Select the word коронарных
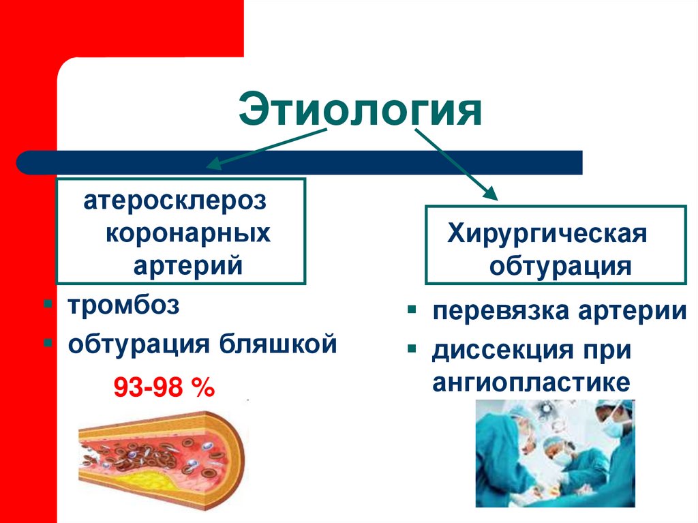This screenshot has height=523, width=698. tap(187, 233)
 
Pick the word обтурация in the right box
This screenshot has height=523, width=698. tap(560, 265)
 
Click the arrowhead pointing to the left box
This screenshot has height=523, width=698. tap(213, 164)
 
